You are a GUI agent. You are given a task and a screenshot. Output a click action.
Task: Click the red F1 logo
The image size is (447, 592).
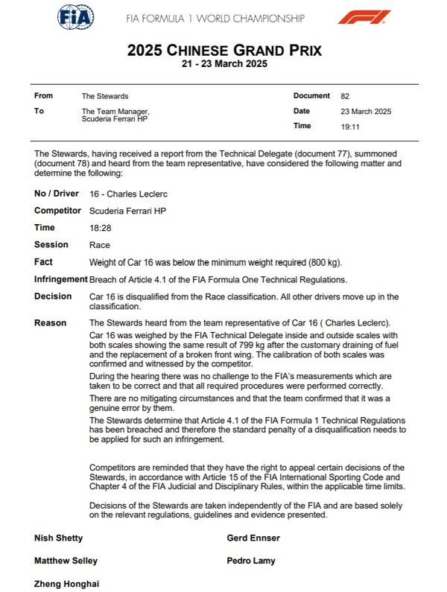363,16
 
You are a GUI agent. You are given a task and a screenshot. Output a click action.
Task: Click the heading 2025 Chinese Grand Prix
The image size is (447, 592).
223,51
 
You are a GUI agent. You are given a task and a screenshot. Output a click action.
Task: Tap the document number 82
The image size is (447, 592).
344,96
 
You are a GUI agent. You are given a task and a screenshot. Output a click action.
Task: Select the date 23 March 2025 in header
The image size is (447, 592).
365,112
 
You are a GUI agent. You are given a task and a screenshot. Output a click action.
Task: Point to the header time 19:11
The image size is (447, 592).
349,127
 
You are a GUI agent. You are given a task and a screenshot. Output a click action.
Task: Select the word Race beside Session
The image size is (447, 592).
99,245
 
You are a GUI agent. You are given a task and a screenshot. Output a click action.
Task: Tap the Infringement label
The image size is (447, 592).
60,279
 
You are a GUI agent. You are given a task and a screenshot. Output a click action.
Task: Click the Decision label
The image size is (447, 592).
52,296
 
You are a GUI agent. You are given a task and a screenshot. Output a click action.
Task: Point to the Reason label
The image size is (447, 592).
50,323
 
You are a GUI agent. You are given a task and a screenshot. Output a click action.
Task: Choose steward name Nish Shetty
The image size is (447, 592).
59,538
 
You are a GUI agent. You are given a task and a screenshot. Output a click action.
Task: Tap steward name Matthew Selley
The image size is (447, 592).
66,561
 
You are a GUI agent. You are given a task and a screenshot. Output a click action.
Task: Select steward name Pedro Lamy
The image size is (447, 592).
250,561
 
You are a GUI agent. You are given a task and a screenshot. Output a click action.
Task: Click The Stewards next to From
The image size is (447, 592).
105,96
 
